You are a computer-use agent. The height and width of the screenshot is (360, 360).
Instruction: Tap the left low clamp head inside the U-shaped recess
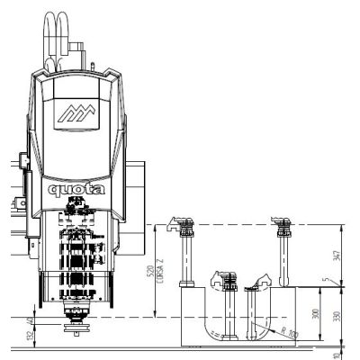tap(219, 280)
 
